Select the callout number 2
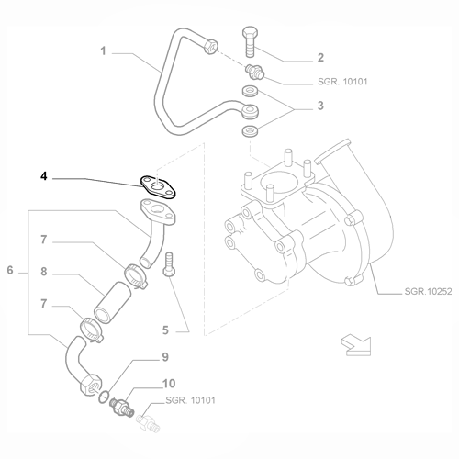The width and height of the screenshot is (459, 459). tap(320, 57)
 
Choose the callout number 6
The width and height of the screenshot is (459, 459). tap(10, 270)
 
